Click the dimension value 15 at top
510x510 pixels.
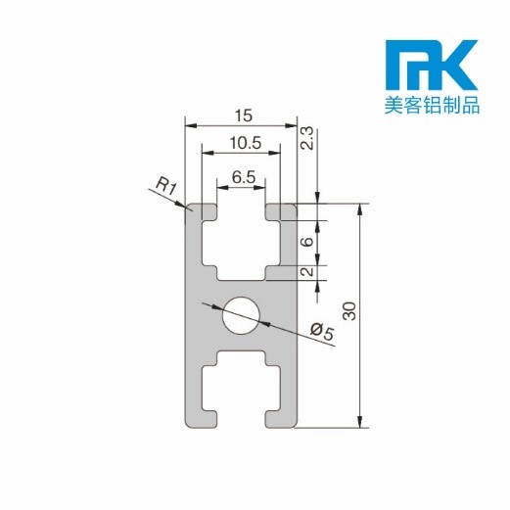[240, 116]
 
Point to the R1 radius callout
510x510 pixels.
[164, 183]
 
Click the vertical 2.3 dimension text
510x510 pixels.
[306, 139]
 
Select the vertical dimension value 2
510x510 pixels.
[307, 272]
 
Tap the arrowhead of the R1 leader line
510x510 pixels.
[186, 206]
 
